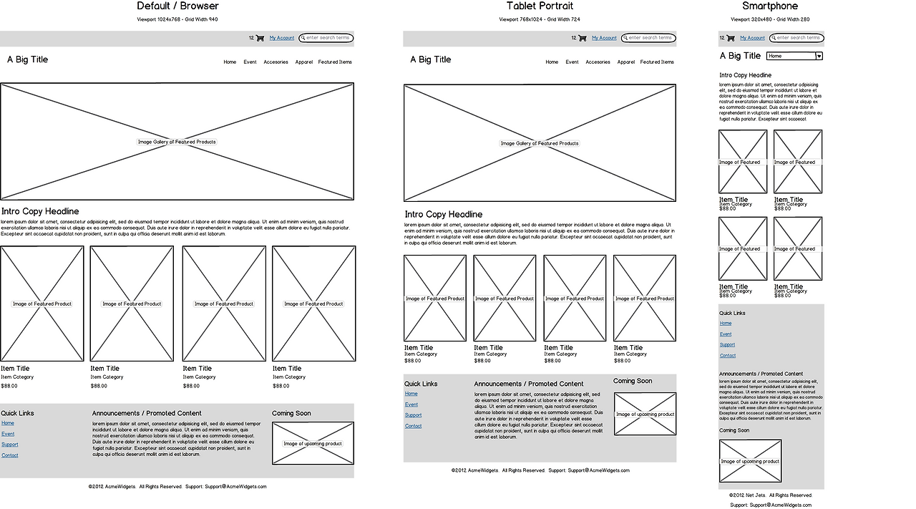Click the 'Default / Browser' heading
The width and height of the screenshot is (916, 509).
[177, 6]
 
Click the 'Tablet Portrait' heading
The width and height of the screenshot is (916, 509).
[540, 6]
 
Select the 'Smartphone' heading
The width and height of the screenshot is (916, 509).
[770, 6]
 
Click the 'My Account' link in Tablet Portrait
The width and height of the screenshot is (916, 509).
[604, 38]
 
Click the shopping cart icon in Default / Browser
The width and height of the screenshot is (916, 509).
[260, 38]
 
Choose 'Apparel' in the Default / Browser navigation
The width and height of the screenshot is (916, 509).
[303, 62]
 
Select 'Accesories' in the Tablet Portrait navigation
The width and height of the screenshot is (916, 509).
[598, 62]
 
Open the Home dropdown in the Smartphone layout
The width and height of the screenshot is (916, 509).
[819, 56]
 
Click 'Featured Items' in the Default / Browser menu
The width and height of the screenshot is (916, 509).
[335, 62]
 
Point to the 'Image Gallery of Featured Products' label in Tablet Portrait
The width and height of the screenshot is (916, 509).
[540, 143]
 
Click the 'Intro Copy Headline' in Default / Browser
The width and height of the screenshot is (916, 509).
[40, 212]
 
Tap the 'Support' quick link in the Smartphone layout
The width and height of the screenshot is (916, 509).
[727, 345]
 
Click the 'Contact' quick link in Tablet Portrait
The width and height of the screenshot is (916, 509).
[413, 426]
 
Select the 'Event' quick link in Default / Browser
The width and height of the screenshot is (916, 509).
[8, 434]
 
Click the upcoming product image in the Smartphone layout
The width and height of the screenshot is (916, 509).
[750, 461]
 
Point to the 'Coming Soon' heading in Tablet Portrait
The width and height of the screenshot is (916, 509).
[633, 381]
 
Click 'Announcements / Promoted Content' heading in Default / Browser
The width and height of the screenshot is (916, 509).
[147, 413]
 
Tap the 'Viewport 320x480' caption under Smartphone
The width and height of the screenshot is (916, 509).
[770, 19]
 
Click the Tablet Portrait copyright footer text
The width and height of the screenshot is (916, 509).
[540, 470]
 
